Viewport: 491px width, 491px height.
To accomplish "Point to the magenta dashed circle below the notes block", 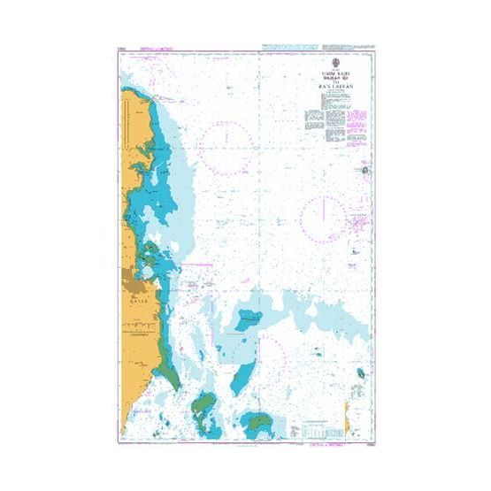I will (x=323, y=218).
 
